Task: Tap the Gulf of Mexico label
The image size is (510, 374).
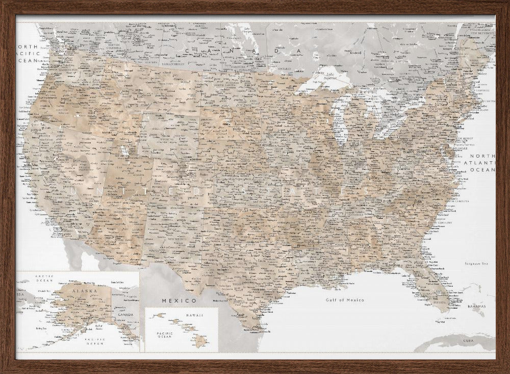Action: click(x=345, y=300)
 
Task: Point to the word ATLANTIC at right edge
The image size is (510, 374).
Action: click(x=482, y=163)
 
